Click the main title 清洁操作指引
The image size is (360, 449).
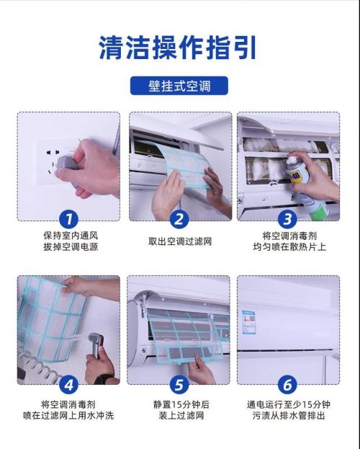point(177,48)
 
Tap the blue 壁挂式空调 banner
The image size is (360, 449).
point(179,86)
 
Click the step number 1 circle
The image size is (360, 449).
point(68,219)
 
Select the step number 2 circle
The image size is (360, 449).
point(179,219)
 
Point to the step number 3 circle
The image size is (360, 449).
point(287,219)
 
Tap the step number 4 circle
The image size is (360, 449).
point(68,385)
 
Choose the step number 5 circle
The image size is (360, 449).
point(179,385)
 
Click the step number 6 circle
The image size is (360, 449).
point(287,385)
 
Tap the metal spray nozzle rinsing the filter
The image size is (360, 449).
point(96,344)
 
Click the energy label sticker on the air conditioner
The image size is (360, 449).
point(248,322)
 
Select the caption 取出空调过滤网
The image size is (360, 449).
point(180,241)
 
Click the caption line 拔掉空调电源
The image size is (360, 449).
point(71,246)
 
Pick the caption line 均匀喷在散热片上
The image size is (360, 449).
point(289,246)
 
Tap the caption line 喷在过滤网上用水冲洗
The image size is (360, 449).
point(68,415)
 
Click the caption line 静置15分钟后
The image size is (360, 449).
point(181,404)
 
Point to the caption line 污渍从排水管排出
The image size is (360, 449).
point(289,415)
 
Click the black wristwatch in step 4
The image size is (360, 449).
point(102,379)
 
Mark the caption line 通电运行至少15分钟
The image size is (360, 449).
point(289,404)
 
